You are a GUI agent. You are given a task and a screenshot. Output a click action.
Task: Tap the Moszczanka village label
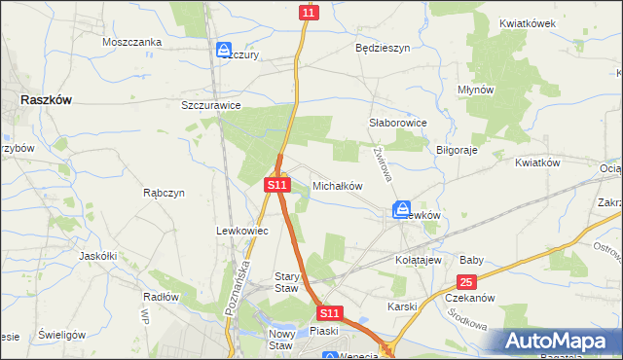[x=131, y=43]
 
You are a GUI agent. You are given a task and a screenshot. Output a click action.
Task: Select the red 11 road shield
[x=309, y=12]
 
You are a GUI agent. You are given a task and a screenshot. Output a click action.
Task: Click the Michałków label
[x=338, y=185]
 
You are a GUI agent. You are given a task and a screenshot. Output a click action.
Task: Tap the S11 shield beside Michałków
[x=277, y=184]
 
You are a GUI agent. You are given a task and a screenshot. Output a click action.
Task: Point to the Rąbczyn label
[x=164, y=193]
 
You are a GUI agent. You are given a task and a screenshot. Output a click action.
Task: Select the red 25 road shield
[x=466, y=281]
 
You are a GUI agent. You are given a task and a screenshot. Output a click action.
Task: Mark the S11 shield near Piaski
[x=330, y=313]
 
